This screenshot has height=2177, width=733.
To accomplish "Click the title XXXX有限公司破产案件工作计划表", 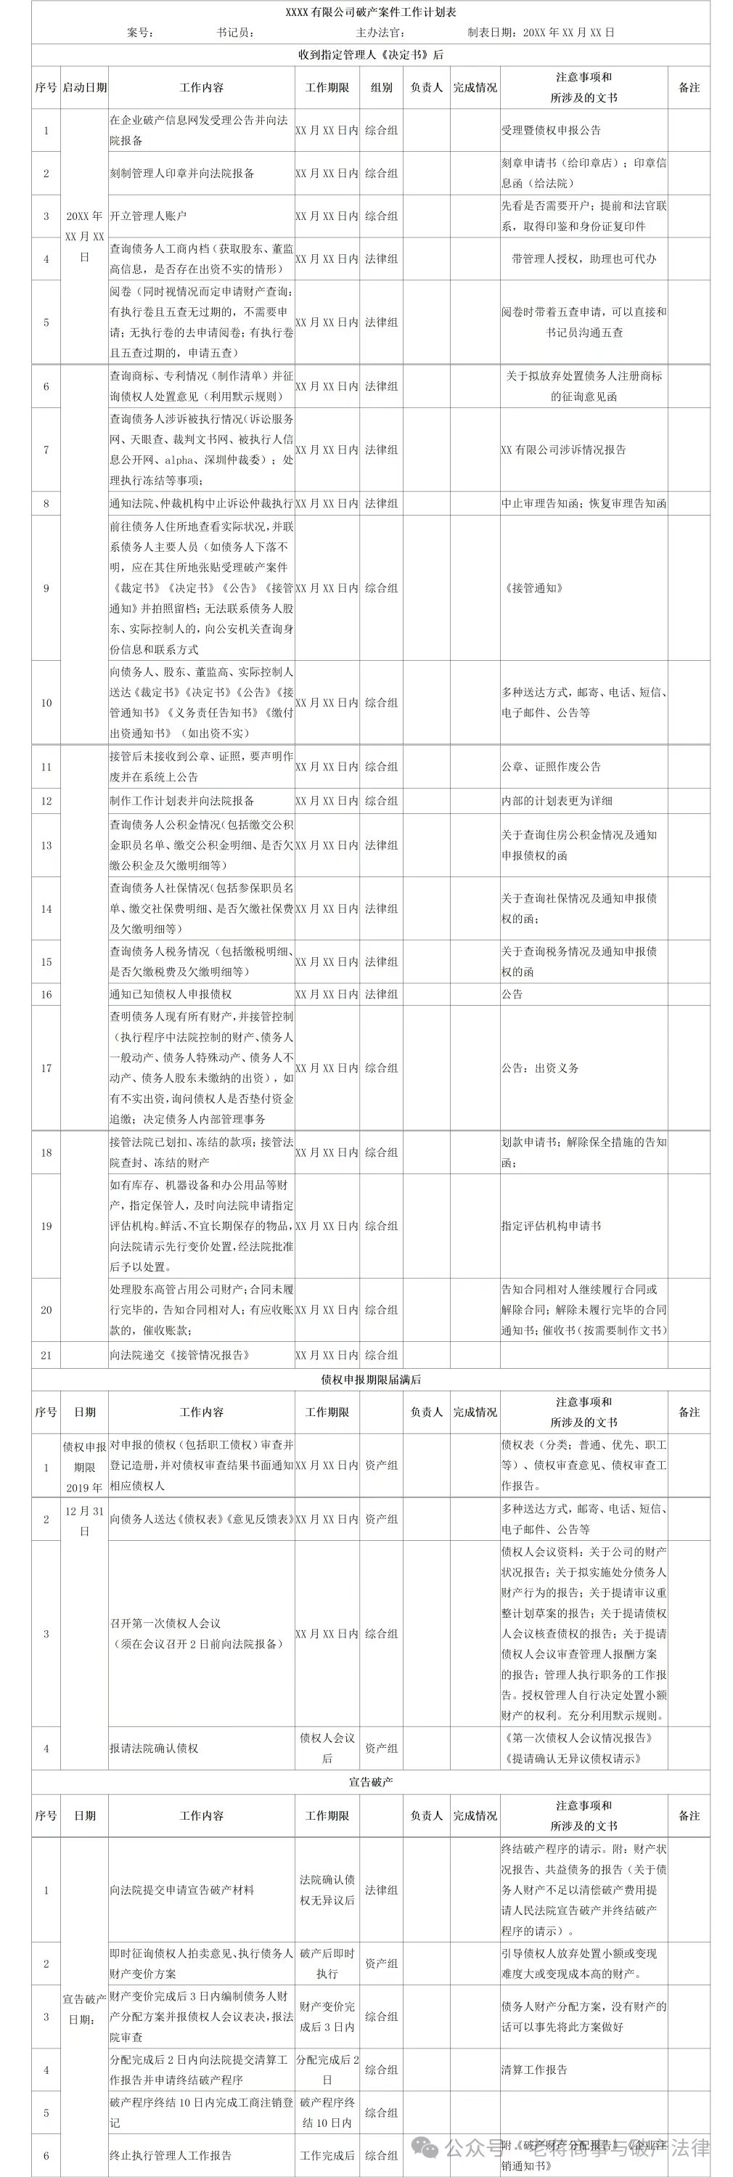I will tap(371, 12).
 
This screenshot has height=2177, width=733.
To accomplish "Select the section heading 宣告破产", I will tap(371, 1781).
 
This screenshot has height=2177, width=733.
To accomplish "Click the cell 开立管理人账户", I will tap(148, 216).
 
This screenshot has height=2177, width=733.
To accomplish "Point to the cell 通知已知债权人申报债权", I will tap(171, 995).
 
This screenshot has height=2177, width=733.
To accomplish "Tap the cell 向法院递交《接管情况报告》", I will tap(180, 1355).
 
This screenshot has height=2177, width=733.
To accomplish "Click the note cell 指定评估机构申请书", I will tap(551, 1226).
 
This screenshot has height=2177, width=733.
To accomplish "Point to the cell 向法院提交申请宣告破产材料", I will tap(181, 1889).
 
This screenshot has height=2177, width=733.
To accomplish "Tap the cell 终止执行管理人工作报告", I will tap(171, 2155).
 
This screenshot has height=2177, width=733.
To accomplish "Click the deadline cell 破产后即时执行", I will tap(327, 1964).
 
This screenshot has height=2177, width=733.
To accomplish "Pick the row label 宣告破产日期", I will tap(84, 2009).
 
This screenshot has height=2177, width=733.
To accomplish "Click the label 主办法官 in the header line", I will tap(380, 33).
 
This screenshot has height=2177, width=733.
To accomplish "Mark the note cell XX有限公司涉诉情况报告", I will tap(563, 449).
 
